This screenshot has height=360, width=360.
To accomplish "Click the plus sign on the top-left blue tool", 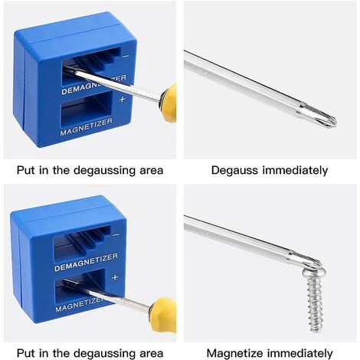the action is pos(123,99).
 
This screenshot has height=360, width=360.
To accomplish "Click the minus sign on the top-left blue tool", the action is pos(126,56).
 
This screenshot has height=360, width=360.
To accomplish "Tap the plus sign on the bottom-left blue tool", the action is pos(115,277).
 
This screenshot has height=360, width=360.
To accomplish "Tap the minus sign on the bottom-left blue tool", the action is pos(116,234).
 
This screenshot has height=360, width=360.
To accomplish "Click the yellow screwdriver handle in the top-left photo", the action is pos(169,103).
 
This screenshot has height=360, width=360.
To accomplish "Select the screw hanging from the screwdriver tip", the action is pos(315,299).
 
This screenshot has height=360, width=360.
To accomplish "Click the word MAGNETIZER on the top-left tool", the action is pos(86,127).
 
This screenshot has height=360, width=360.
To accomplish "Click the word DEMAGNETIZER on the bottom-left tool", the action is pos(86,262).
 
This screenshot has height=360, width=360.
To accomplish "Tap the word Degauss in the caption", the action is pos(234,170).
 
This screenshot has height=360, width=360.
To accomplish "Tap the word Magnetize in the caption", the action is pos(234,354).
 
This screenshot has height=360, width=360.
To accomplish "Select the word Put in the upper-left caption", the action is pos(25,170).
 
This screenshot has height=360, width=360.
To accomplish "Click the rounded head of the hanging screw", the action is pos(315,272).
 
